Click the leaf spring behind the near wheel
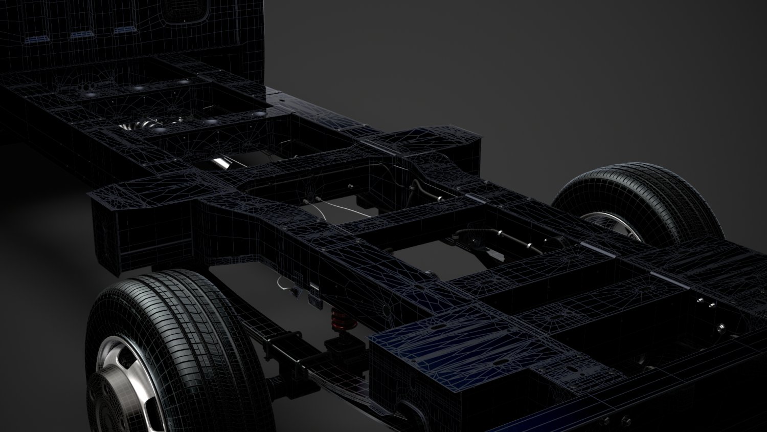point(286,353)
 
